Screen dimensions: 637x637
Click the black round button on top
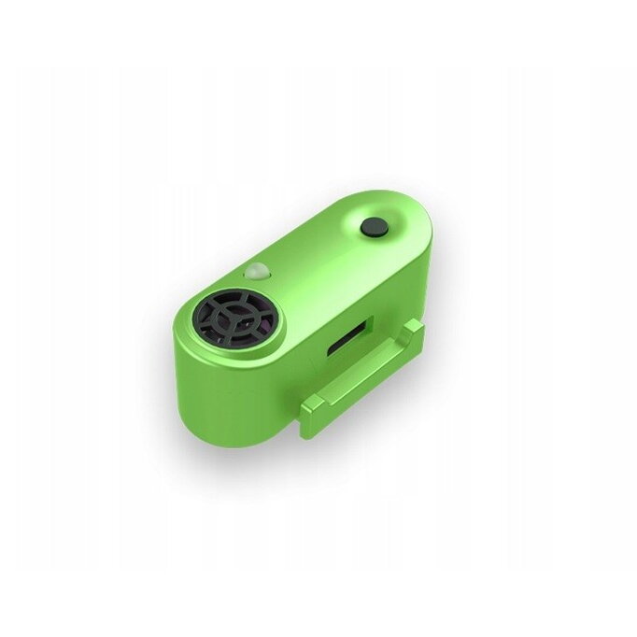(x=375, y=227)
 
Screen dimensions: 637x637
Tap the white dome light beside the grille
(x=255, y=273)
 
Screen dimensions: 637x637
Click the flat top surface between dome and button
(x=318, y=252)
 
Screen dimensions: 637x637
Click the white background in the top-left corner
(x=37, y=37)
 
